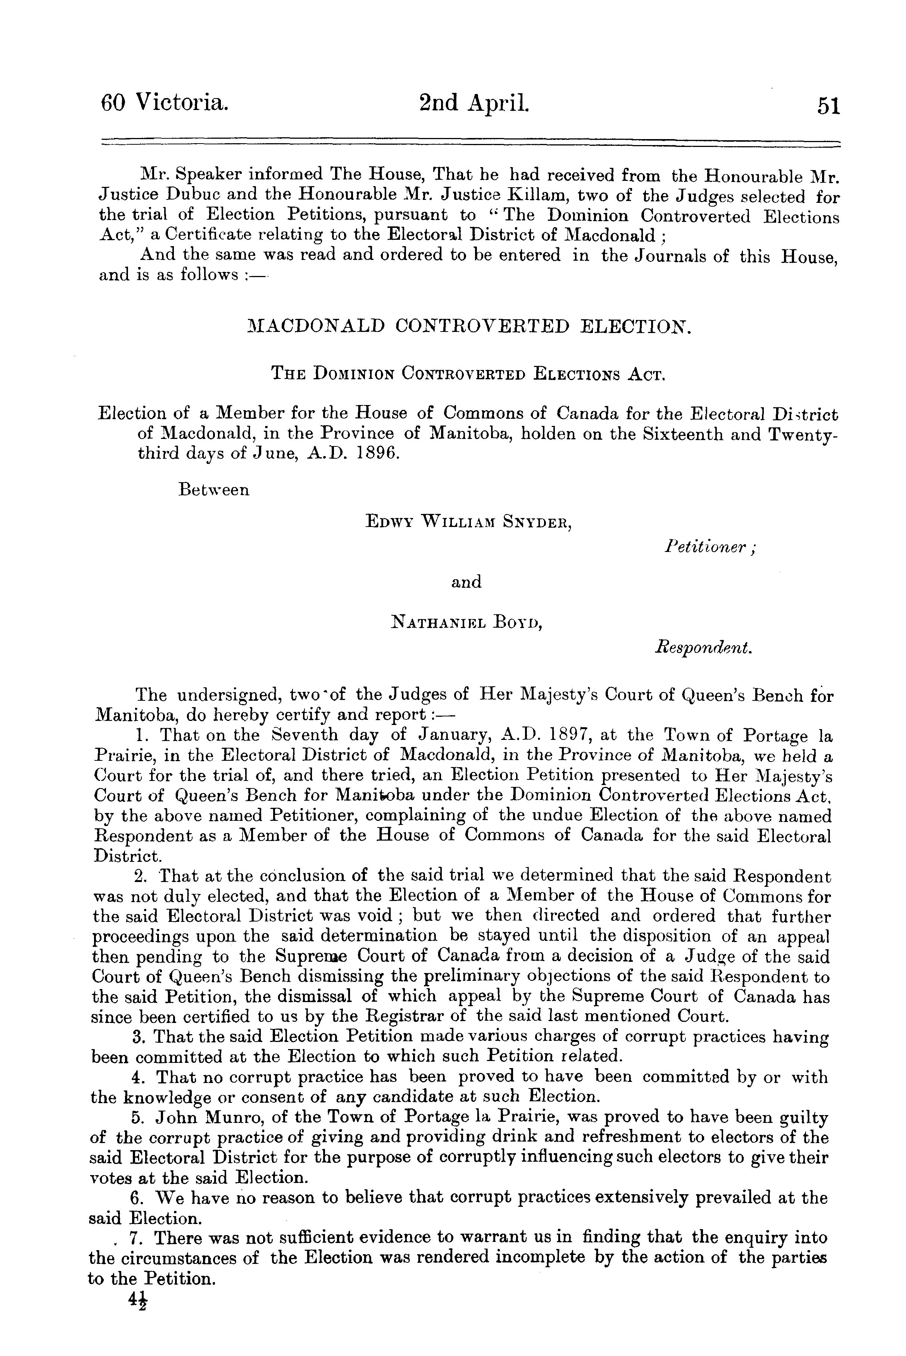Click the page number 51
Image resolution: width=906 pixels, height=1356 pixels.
(827, 107)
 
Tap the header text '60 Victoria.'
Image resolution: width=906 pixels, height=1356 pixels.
(165, 104)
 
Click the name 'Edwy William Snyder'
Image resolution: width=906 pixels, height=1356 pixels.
(469, 522)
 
